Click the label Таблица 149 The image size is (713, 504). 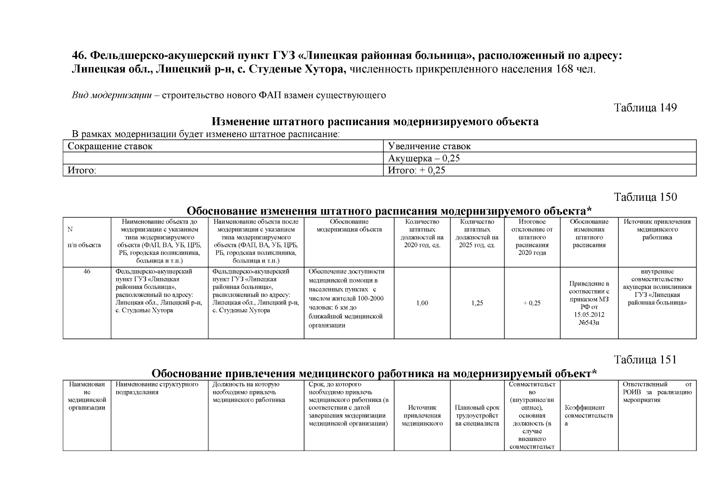[645, 108]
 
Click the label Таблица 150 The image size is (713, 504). [645, 197]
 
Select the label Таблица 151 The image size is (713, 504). [645, 360]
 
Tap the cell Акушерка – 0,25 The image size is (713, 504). [424, 158]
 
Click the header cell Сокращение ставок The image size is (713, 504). [110, 147]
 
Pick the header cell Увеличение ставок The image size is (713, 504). [429, 147]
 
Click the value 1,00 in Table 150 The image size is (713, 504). [422, 303]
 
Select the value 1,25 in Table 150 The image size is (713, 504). [477, 303]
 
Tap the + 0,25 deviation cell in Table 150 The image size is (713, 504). [531, 303]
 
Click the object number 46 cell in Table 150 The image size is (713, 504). [87, 272]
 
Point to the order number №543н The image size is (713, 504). [589, 323]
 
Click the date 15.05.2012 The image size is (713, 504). [589, 315]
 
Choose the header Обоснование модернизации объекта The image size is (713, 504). [349, 226]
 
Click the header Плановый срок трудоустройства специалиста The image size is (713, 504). [477, 415]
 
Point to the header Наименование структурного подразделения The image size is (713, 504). [157, 388]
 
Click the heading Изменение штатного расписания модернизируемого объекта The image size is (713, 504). [375, 122]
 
